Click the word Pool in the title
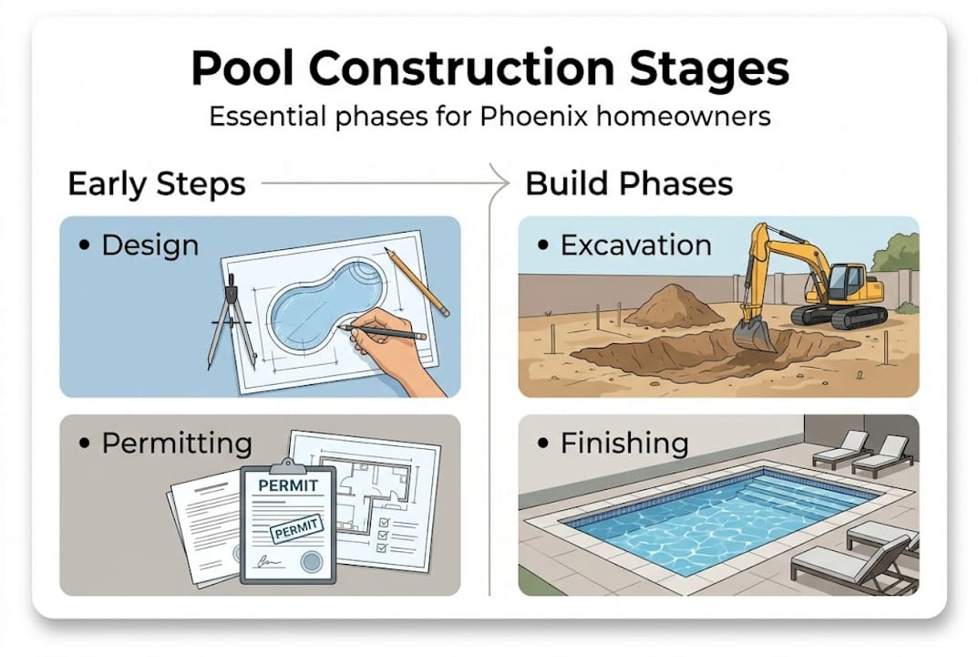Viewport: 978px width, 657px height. [242, 68]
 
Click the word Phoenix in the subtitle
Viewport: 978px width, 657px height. [534, 116]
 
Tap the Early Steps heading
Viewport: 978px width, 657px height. [157, 183]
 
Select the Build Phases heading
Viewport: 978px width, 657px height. [629, 183]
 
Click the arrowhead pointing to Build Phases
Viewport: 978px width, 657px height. [501, 182]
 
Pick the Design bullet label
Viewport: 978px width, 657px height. [150, 245]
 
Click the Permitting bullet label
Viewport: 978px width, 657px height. [177, 443]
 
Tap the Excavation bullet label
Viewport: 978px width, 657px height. [635, 245]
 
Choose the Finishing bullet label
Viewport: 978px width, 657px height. [624, 443]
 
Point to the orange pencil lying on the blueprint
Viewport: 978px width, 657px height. [417, 282]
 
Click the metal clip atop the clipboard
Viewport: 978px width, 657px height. [288, 466]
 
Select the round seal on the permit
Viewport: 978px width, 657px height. [312, 561]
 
